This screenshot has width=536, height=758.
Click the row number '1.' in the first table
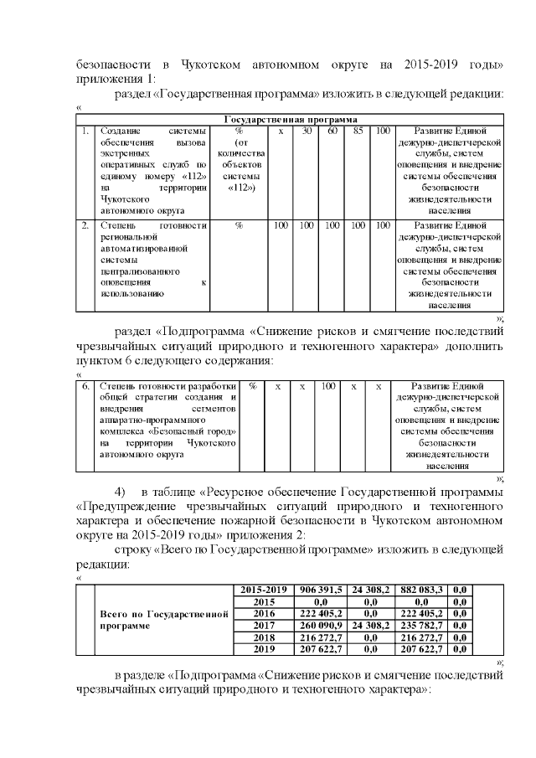tap(85, 131)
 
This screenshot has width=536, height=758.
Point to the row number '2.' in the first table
tap(85, 226)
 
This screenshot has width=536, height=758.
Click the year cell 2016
tap(265, 614)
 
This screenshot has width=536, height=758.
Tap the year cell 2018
tap(265, 637)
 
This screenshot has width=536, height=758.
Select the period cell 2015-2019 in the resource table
tap(265, 590)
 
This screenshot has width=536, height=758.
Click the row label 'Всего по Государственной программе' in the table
tap(164, 620)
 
